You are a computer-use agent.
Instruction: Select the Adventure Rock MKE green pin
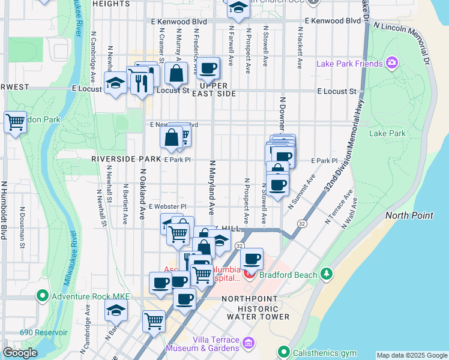click(x=42, y=295)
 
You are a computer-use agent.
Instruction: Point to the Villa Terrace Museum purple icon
click(x=249, y=344)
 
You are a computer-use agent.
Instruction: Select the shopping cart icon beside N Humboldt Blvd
click(x=15, y=122)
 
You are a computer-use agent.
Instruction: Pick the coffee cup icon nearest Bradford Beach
click(x=252, y=259)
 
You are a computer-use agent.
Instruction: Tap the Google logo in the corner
click(x=20, y=353)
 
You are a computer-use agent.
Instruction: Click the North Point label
click(x=408, y=215)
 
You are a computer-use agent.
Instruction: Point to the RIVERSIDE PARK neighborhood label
click(x=126, y=160)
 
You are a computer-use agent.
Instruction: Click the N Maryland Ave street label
click(x=211, y=187)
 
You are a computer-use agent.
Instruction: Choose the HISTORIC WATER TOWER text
click(x=255, y=316)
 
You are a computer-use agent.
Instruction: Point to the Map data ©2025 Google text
click(x=411, y=355)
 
